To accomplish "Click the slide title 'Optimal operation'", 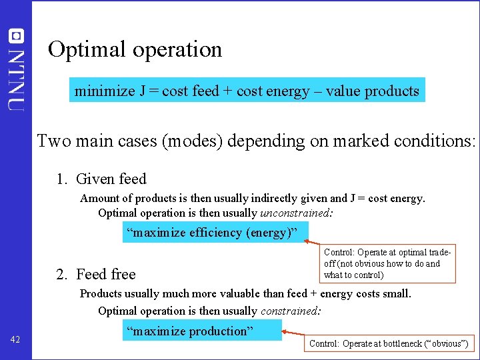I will [135, 49].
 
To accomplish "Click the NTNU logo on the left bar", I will [16, 69].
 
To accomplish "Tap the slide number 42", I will [16, 340].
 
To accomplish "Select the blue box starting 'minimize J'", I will [247, 91].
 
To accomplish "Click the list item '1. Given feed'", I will [101, 179].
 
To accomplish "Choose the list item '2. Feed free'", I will [96, 274].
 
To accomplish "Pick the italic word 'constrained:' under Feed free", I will [291, 311].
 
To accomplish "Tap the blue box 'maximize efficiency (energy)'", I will [216, 233].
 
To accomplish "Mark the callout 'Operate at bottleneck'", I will [389, 344].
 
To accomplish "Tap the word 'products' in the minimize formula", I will [393, 91].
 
